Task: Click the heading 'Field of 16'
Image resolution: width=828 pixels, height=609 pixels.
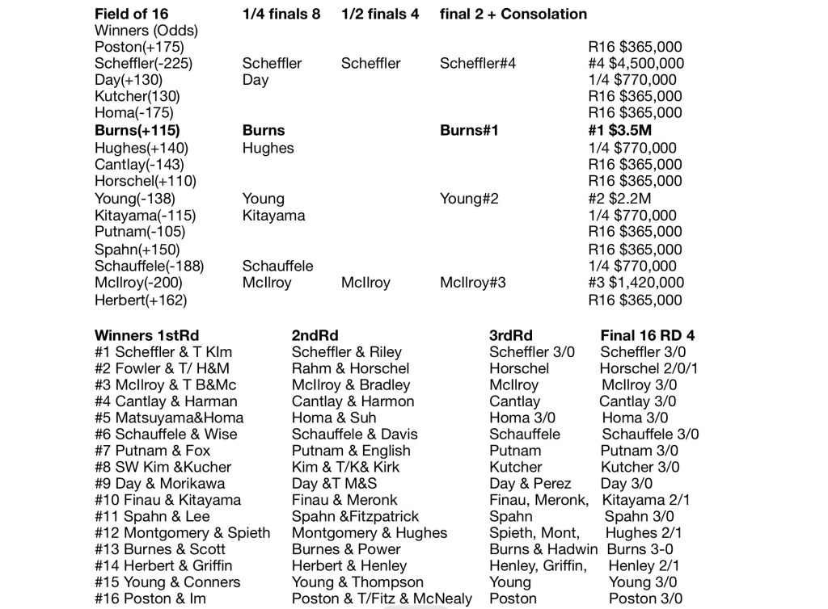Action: pyautogui.click(x=137, y=14)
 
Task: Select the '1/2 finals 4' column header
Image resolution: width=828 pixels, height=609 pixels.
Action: pyautogui.click(x=380, y=14)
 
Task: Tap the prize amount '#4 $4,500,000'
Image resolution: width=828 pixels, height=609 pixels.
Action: pyautogui.click(x=636, y=63)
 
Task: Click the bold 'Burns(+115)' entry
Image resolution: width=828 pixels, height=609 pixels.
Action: pyautogui.click(x=137, y=130)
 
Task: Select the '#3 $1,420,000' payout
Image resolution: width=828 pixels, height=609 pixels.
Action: pyautogui.click(x=636, y=283)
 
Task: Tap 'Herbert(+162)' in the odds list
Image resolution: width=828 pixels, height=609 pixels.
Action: pyautogui.click(x=141, y=300)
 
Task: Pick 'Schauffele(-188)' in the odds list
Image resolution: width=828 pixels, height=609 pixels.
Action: pyautogui.click(x=149, y=266)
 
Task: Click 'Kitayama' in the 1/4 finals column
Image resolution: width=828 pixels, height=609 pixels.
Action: pyautogui.click(x=273, y=216)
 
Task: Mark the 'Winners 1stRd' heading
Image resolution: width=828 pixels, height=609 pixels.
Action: pyautogui.click(x=146, y=335)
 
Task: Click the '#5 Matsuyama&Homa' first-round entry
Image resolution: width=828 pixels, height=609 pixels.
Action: pyautogui.click(x=169, y=418)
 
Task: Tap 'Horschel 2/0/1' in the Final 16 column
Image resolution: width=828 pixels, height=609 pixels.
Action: pyautogui.click(x=649, y=368)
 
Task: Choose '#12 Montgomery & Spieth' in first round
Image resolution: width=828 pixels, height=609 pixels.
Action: pyautogui.click(x=183, y=532)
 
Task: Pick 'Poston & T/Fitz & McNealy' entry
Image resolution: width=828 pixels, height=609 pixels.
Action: pyautogui.click(x=382, y=598)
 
